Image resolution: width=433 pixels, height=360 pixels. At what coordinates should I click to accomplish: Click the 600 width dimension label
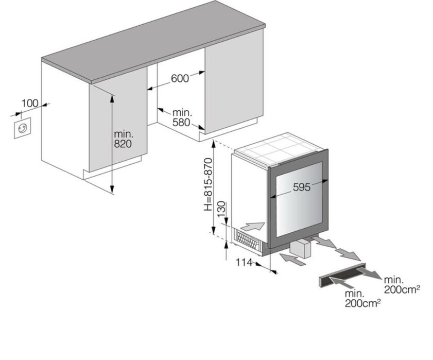(180, 78)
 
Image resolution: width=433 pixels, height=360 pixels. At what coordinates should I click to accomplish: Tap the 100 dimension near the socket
(30, 104)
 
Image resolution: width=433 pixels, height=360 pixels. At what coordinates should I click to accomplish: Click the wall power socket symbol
(22, 128)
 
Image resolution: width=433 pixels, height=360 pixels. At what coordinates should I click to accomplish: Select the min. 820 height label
(124, 139)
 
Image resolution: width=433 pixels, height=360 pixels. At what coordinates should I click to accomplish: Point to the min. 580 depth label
(182, 117)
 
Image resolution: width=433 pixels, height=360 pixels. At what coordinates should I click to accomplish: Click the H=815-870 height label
(208, 184)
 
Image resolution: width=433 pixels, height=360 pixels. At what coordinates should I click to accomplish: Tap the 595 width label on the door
(302, 187)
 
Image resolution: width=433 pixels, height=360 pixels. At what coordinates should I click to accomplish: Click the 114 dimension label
(244, 262)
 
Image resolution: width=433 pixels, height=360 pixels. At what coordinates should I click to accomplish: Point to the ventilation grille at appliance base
(248, 240)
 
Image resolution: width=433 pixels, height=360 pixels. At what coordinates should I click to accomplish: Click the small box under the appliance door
(301, 248)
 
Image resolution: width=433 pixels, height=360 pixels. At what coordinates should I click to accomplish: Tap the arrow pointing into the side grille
(253, 227)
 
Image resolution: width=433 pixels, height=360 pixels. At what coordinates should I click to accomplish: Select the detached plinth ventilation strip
(342, 275)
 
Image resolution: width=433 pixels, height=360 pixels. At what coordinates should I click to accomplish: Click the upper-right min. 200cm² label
(402, 285)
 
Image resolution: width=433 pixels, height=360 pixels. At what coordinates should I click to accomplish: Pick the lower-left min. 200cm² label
(363, 298)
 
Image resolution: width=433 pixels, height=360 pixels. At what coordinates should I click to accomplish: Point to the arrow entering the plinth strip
(340, 283)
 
